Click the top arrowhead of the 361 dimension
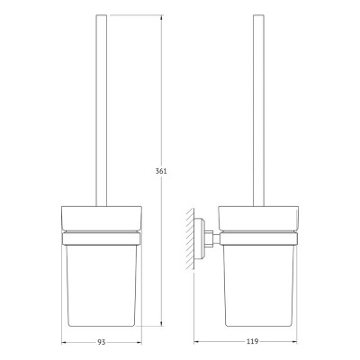(x=163, y=15)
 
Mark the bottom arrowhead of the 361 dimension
(x=163, y=321)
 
